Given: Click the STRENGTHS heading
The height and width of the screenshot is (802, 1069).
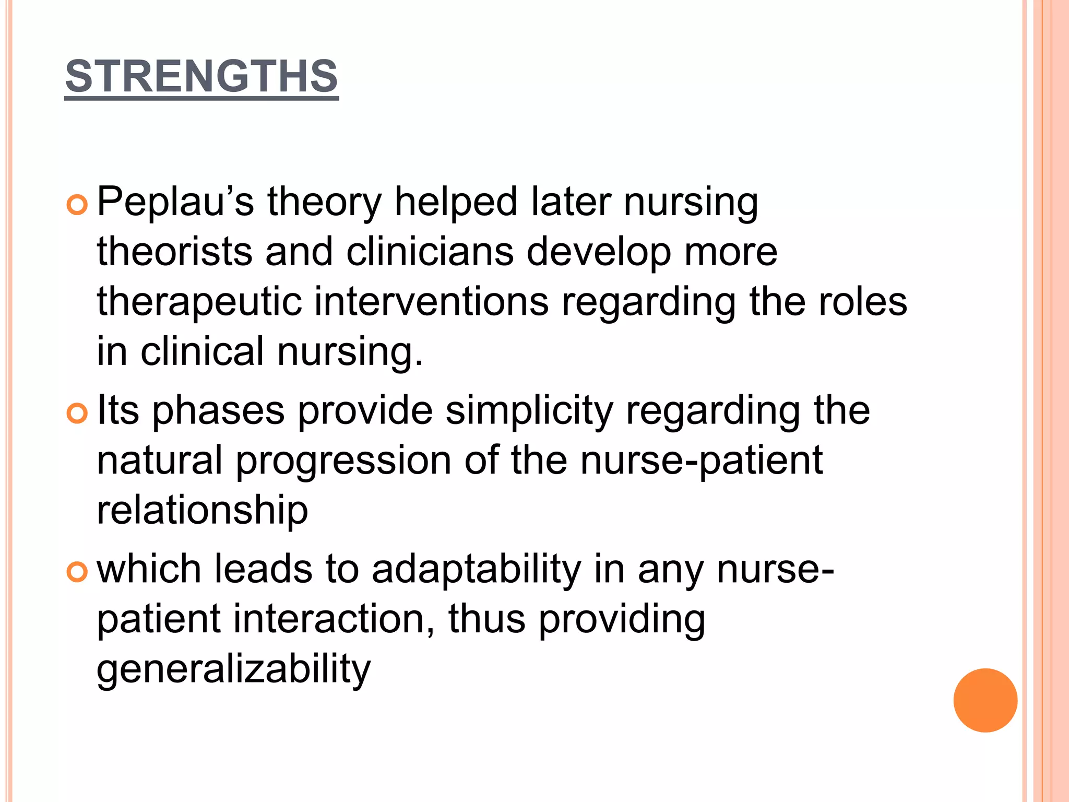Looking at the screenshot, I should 201,76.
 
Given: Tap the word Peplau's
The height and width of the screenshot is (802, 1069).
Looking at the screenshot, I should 175,202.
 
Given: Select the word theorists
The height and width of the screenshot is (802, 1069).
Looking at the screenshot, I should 174,252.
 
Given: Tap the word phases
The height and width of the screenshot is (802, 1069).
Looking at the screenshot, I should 218,410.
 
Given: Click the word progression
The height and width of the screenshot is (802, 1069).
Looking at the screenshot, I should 343,461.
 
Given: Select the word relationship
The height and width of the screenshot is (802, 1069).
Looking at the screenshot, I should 203,510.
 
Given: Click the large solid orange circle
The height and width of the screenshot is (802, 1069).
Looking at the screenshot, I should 985,700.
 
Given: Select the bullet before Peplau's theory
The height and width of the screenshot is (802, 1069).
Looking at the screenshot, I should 77,206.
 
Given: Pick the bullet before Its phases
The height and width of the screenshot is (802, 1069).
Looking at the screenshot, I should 77,414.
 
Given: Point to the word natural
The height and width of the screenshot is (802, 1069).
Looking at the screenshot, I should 160,461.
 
